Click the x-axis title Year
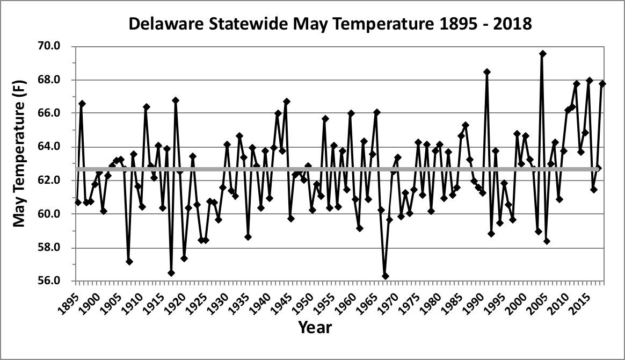[315, 327]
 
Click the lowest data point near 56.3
[385, 276]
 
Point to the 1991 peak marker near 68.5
[487, 72]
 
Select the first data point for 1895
[78, 203]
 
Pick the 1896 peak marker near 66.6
[82, 104]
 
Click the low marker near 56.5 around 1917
[171, 273]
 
